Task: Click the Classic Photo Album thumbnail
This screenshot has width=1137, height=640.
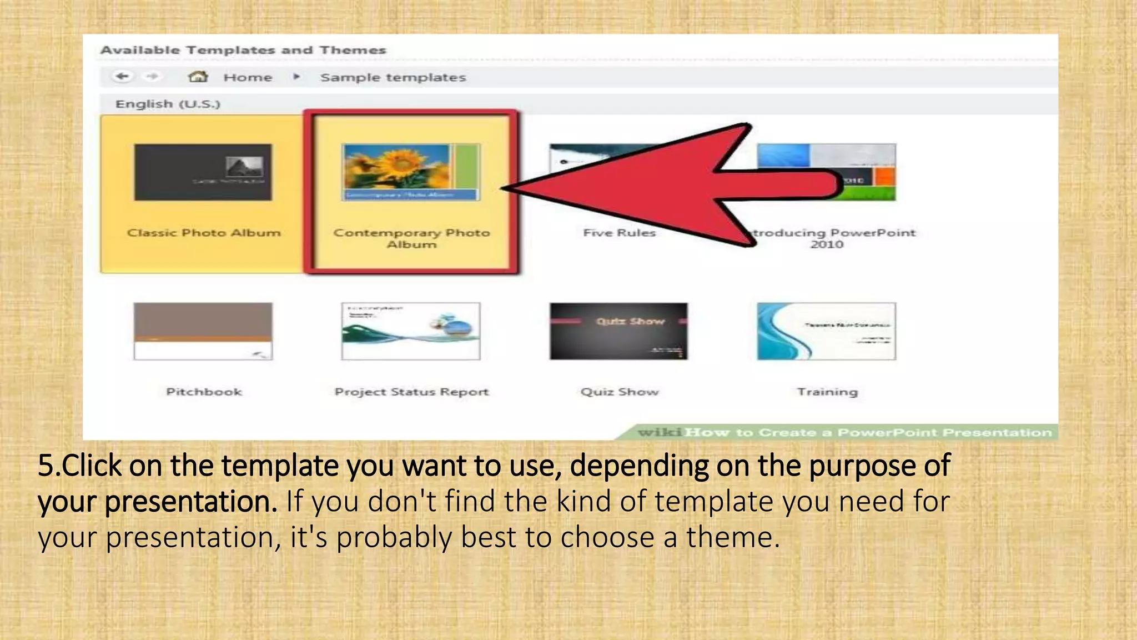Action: pos(203,172)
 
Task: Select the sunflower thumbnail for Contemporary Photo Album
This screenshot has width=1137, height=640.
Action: pos(411,172)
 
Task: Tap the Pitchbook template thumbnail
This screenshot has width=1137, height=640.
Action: pos(203,331)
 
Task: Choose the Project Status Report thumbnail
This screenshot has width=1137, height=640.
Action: pos(411,331)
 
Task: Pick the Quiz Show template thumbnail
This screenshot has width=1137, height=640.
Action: pos(618,331)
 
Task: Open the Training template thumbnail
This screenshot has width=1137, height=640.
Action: pos(826,331)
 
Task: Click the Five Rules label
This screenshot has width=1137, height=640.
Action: pos(619,233)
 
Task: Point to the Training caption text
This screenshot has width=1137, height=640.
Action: pos(827,392)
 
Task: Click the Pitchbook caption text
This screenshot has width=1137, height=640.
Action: pos(204,392)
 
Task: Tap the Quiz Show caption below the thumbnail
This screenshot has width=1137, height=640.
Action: pos(620,392)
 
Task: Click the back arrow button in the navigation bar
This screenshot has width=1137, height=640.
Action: pos(123,77)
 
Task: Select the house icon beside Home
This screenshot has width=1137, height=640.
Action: pos(198,77)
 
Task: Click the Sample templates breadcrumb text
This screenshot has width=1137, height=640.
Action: pos(393,77)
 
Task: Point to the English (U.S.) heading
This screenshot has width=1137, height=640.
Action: pos(168,104)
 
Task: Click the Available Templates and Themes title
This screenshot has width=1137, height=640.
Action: pos(243,50)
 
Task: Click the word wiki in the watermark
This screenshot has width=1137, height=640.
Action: pos(659,432)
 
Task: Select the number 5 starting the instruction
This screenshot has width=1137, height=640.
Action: pos(46,466)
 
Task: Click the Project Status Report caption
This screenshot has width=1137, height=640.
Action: pos(411,392)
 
